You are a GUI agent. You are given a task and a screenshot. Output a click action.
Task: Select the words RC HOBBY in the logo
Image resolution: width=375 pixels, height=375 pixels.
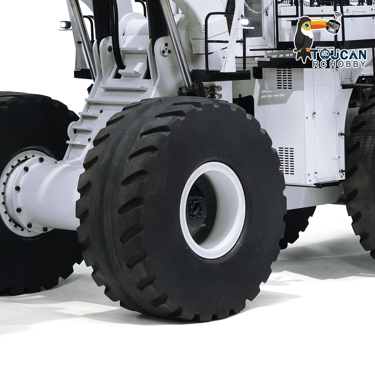pos(339,64)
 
